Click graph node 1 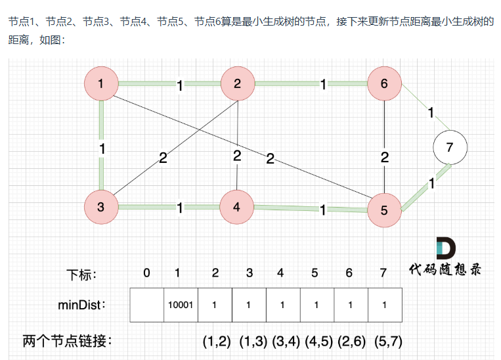click(x=100, y=83)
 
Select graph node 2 click(x=237, y=83)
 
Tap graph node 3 click(x=100, y=207)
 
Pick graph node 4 click(x=236, y=207)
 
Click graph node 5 click(x=384, y=211)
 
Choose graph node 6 click(x=384, y=83)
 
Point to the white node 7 click(x=450, y=147)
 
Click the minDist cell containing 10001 click(x=181, y=305)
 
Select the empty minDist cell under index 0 click(x=147, y=305)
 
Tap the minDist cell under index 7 click(x=385, y=305)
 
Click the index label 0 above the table click(x=146, y=273)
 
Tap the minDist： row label click(x=82, y=305)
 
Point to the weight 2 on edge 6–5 click(x=385, y=157)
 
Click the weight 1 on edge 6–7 click(x=431, y=112)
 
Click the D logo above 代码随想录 click(x=445, y=248)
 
